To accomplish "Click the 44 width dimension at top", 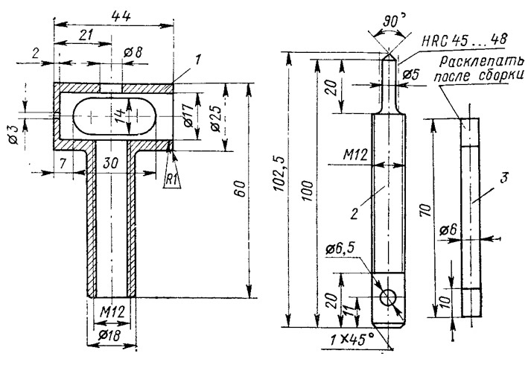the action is [x=121, y=16].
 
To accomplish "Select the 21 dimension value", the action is [x=86, y=35].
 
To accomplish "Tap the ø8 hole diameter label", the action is [x=133, y=52].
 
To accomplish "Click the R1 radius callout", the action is [x=172, y=180].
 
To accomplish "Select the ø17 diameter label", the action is [x=188, y=115].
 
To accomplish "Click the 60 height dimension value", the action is [x=239, y=188].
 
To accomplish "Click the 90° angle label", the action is [x=392, y=22].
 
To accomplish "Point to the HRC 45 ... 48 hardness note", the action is [x=465, y=40].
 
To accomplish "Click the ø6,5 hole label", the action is [x=340, y=250].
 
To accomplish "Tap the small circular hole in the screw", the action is [x=389, y=298].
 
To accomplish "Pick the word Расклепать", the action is [x=482, y=62].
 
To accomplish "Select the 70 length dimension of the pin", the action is [x=427, y=211].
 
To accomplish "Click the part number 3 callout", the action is [x=504, y=177].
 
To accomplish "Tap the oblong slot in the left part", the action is [x=115, y=115].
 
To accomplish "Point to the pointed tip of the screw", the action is [x=389, y=53].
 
